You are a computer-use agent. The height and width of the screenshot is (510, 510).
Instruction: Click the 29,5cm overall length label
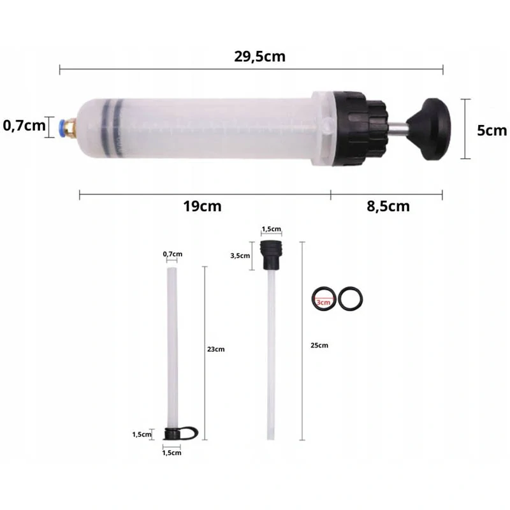click(x=259, y=57)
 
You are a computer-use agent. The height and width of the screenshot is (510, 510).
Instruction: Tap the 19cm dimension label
click(x=202, y=206)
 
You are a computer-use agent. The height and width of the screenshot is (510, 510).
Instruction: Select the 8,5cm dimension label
click(x=388, y=206)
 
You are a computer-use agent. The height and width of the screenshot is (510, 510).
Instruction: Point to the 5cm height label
click(x=492, y=131)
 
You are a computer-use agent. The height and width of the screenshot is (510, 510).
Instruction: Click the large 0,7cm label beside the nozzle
click(x=24, y=126)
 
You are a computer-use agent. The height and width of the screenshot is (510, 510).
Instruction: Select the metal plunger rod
click(x=397, y=129)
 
